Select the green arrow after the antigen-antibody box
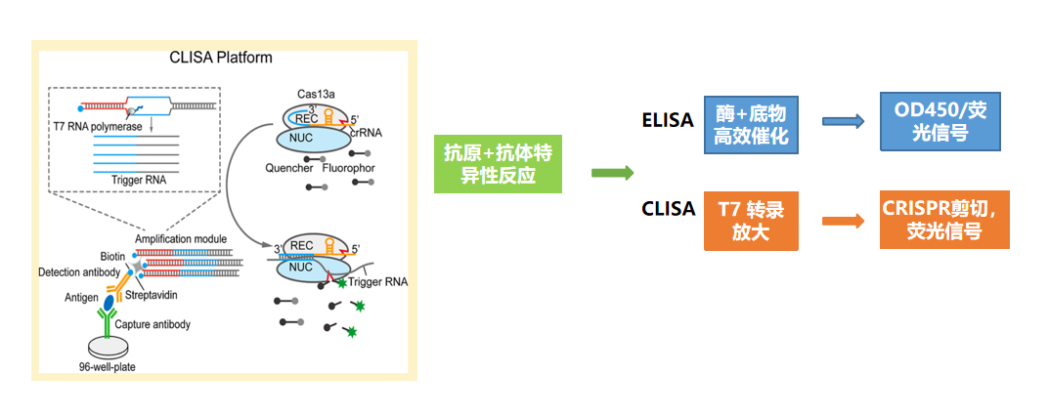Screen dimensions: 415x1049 pos(613,173)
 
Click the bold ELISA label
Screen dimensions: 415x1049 pos(668,120)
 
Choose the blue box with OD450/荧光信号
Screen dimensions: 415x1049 pos(940,121)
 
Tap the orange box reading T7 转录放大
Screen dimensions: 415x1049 pos(751,222)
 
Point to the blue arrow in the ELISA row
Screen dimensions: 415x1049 pos(843,122)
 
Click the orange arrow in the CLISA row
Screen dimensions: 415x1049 pos(843,221)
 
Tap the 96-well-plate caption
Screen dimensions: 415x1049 pos(112,368)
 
